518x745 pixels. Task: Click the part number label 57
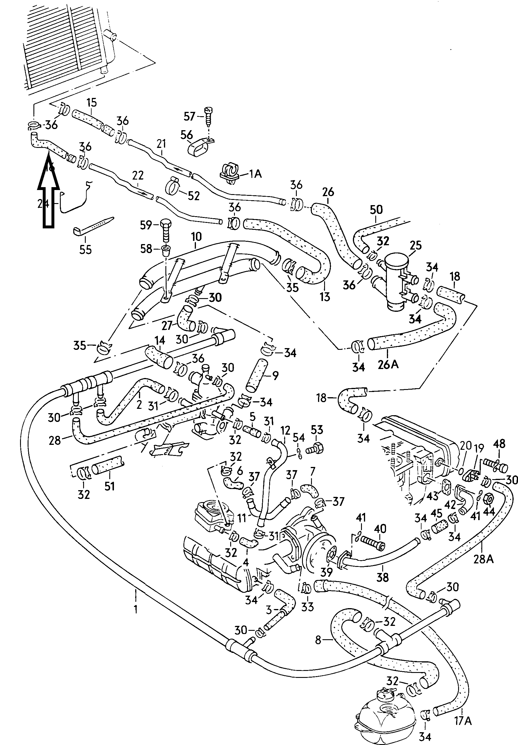coord(190,116)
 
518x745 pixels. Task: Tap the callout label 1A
coord(255,174)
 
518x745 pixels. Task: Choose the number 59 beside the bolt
coord(146,225)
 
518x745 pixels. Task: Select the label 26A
coord(388,364)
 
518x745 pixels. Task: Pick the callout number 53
coord(317,430)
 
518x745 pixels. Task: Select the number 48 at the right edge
coord(499,444)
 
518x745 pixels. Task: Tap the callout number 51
coord(109,486)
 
